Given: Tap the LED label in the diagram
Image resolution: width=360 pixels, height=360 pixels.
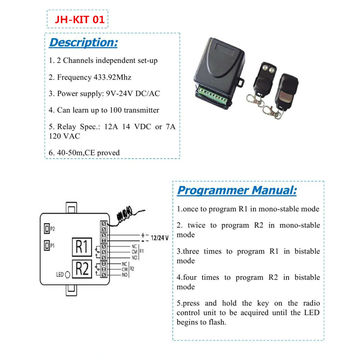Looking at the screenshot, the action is pyautogui.click(x=59, y=273).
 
